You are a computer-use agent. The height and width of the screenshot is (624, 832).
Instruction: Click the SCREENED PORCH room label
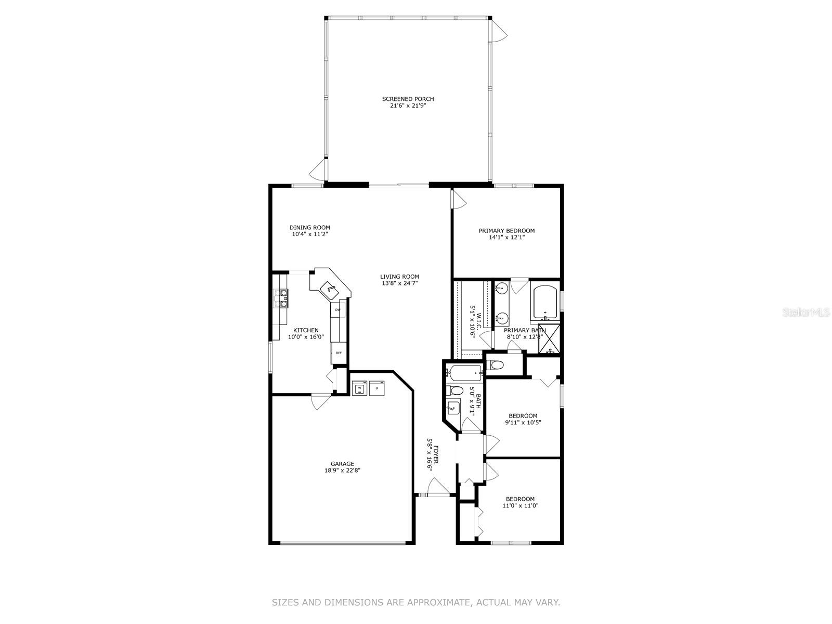(408, 99)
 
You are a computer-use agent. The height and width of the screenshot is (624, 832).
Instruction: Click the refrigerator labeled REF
(339, 353)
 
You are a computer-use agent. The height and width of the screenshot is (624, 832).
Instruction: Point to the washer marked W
(359, 388)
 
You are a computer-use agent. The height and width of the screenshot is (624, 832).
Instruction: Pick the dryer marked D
(376, 388)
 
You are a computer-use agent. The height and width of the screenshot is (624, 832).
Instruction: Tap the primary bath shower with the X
(549, 339)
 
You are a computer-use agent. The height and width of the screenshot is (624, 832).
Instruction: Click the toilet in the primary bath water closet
(495, 365)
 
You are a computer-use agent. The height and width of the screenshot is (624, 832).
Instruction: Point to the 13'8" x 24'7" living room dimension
(399, 283)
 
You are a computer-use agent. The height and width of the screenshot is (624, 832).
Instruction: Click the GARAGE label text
(342, 463)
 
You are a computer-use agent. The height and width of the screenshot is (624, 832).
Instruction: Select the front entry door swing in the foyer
(438, 487)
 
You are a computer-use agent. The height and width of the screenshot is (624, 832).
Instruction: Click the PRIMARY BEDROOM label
(506, 231)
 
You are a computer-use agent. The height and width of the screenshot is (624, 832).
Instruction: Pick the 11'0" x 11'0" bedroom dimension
(521, 505)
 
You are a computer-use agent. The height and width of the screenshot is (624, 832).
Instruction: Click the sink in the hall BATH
(453, 408)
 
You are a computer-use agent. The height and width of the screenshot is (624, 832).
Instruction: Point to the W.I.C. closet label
(479, 320)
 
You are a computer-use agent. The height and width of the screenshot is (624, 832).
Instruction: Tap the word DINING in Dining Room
(300, 228)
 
